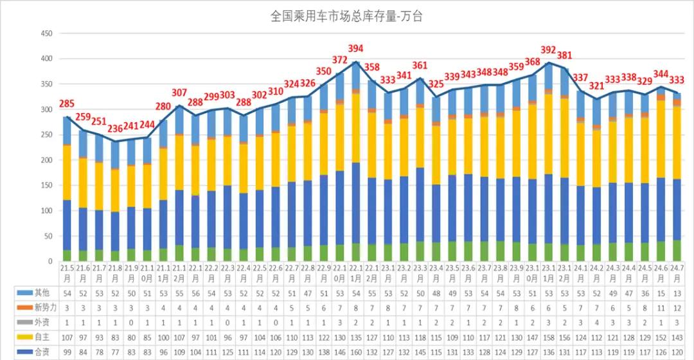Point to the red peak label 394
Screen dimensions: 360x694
coord(355,49)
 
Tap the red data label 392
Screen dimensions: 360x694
coord(548,50)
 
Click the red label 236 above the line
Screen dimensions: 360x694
coord(115,128)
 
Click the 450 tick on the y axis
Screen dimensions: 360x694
coord(46,33)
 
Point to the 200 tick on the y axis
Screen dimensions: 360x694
coord(46,160)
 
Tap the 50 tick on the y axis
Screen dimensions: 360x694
coord(48,236)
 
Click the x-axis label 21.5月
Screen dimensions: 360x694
coord(67,272)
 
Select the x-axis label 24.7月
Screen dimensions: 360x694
coord(677,272)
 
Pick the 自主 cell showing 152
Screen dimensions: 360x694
coord(661,337)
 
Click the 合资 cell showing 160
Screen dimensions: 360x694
coord(355,352)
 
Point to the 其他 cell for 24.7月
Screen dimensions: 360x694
coord(677,292)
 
